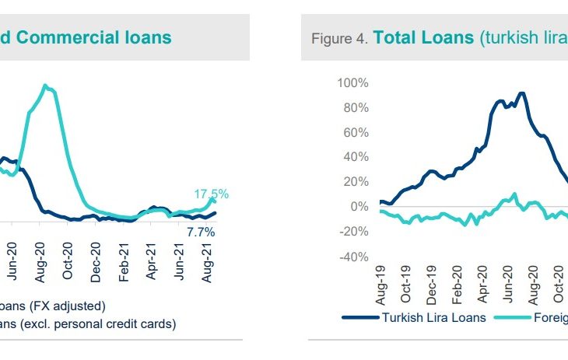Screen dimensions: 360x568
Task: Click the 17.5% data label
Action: click(212, 194)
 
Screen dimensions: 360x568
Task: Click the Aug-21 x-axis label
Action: click(208, 257)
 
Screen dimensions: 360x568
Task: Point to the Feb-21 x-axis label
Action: click(124, 257)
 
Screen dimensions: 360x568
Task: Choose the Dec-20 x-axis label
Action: click(96, 257)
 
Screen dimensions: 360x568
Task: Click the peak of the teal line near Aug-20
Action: click(46, 86)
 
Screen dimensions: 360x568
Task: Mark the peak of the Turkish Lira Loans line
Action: click(521, 93)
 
